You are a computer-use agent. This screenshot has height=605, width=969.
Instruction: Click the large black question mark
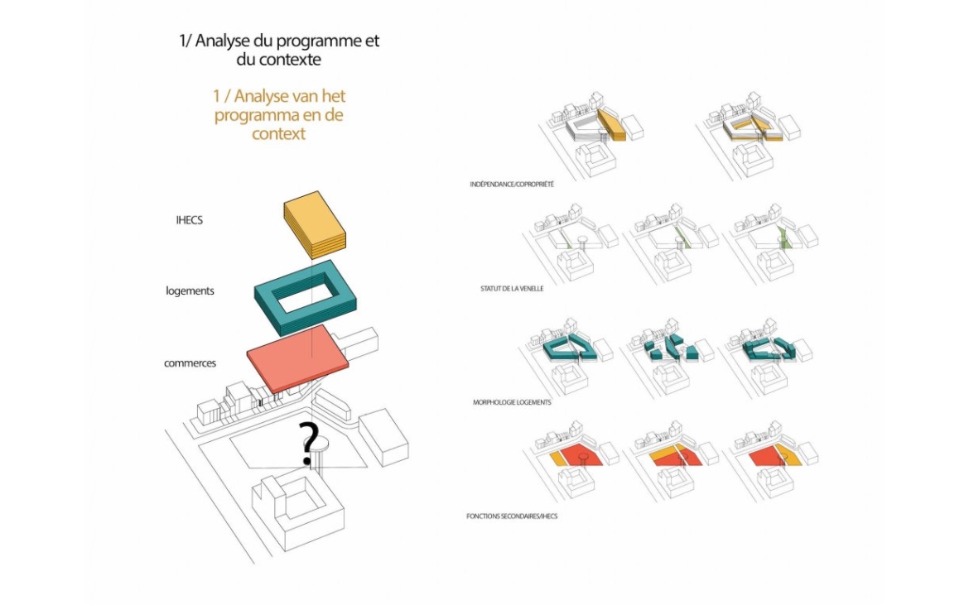point(308,443)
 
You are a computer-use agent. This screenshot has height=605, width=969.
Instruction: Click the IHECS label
point(189,220)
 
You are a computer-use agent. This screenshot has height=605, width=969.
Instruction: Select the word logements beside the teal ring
point(190,290)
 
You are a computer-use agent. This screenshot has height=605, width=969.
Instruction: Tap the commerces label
point(190,363)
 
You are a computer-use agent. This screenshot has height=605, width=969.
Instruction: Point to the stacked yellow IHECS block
point(315,225)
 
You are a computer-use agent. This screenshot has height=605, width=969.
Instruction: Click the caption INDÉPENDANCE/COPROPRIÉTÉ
point(512,185)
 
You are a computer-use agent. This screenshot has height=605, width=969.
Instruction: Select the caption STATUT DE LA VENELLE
point(512,288)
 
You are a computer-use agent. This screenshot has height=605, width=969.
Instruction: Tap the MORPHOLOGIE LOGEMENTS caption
point(512,402)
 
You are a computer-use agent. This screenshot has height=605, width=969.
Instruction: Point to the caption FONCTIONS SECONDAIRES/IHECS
point(512,516)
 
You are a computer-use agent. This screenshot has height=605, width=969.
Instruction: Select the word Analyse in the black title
point(223,41)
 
